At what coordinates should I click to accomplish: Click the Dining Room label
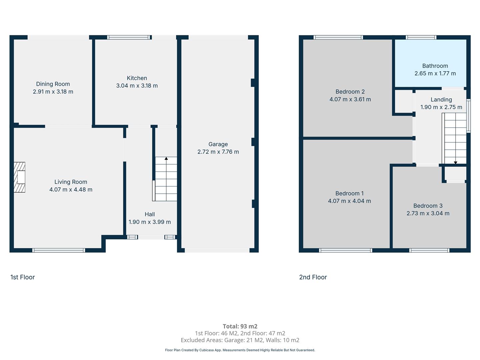53,84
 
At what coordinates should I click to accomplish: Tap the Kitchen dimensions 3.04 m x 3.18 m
137,86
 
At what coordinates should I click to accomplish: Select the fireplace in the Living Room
19,177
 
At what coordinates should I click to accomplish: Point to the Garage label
218,144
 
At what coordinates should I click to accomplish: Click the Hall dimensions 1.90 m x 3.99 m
150,222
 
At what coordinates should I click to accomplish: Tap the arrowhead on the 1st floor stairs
166,158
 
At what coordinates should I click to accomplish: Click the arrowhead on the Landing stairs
456,163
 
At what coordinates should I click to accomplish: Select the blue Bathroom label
435,66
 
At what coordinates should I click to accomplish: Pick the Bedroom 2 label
350,92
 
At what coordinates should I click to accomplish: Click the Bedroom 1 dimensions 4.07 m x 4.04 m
349,201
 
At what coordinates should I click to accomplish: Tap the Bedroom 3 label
428,206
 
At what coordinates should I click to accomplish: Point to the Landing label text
441,100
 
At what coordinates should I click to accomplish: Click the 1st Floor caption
23,277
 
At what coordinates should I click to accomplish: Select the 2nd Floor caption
313,277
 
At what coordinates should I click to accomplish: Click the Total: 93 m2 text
240,326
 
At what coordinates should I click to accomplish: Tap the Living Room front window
59,250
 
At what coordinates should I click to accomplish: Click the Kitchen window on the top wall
129,37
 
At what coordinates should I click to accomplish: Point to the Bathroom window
421,37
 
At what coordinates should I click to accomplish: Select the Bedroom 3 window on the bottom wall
429,250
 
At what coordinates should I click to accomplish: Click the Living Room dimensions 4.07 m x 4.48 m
71,190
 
